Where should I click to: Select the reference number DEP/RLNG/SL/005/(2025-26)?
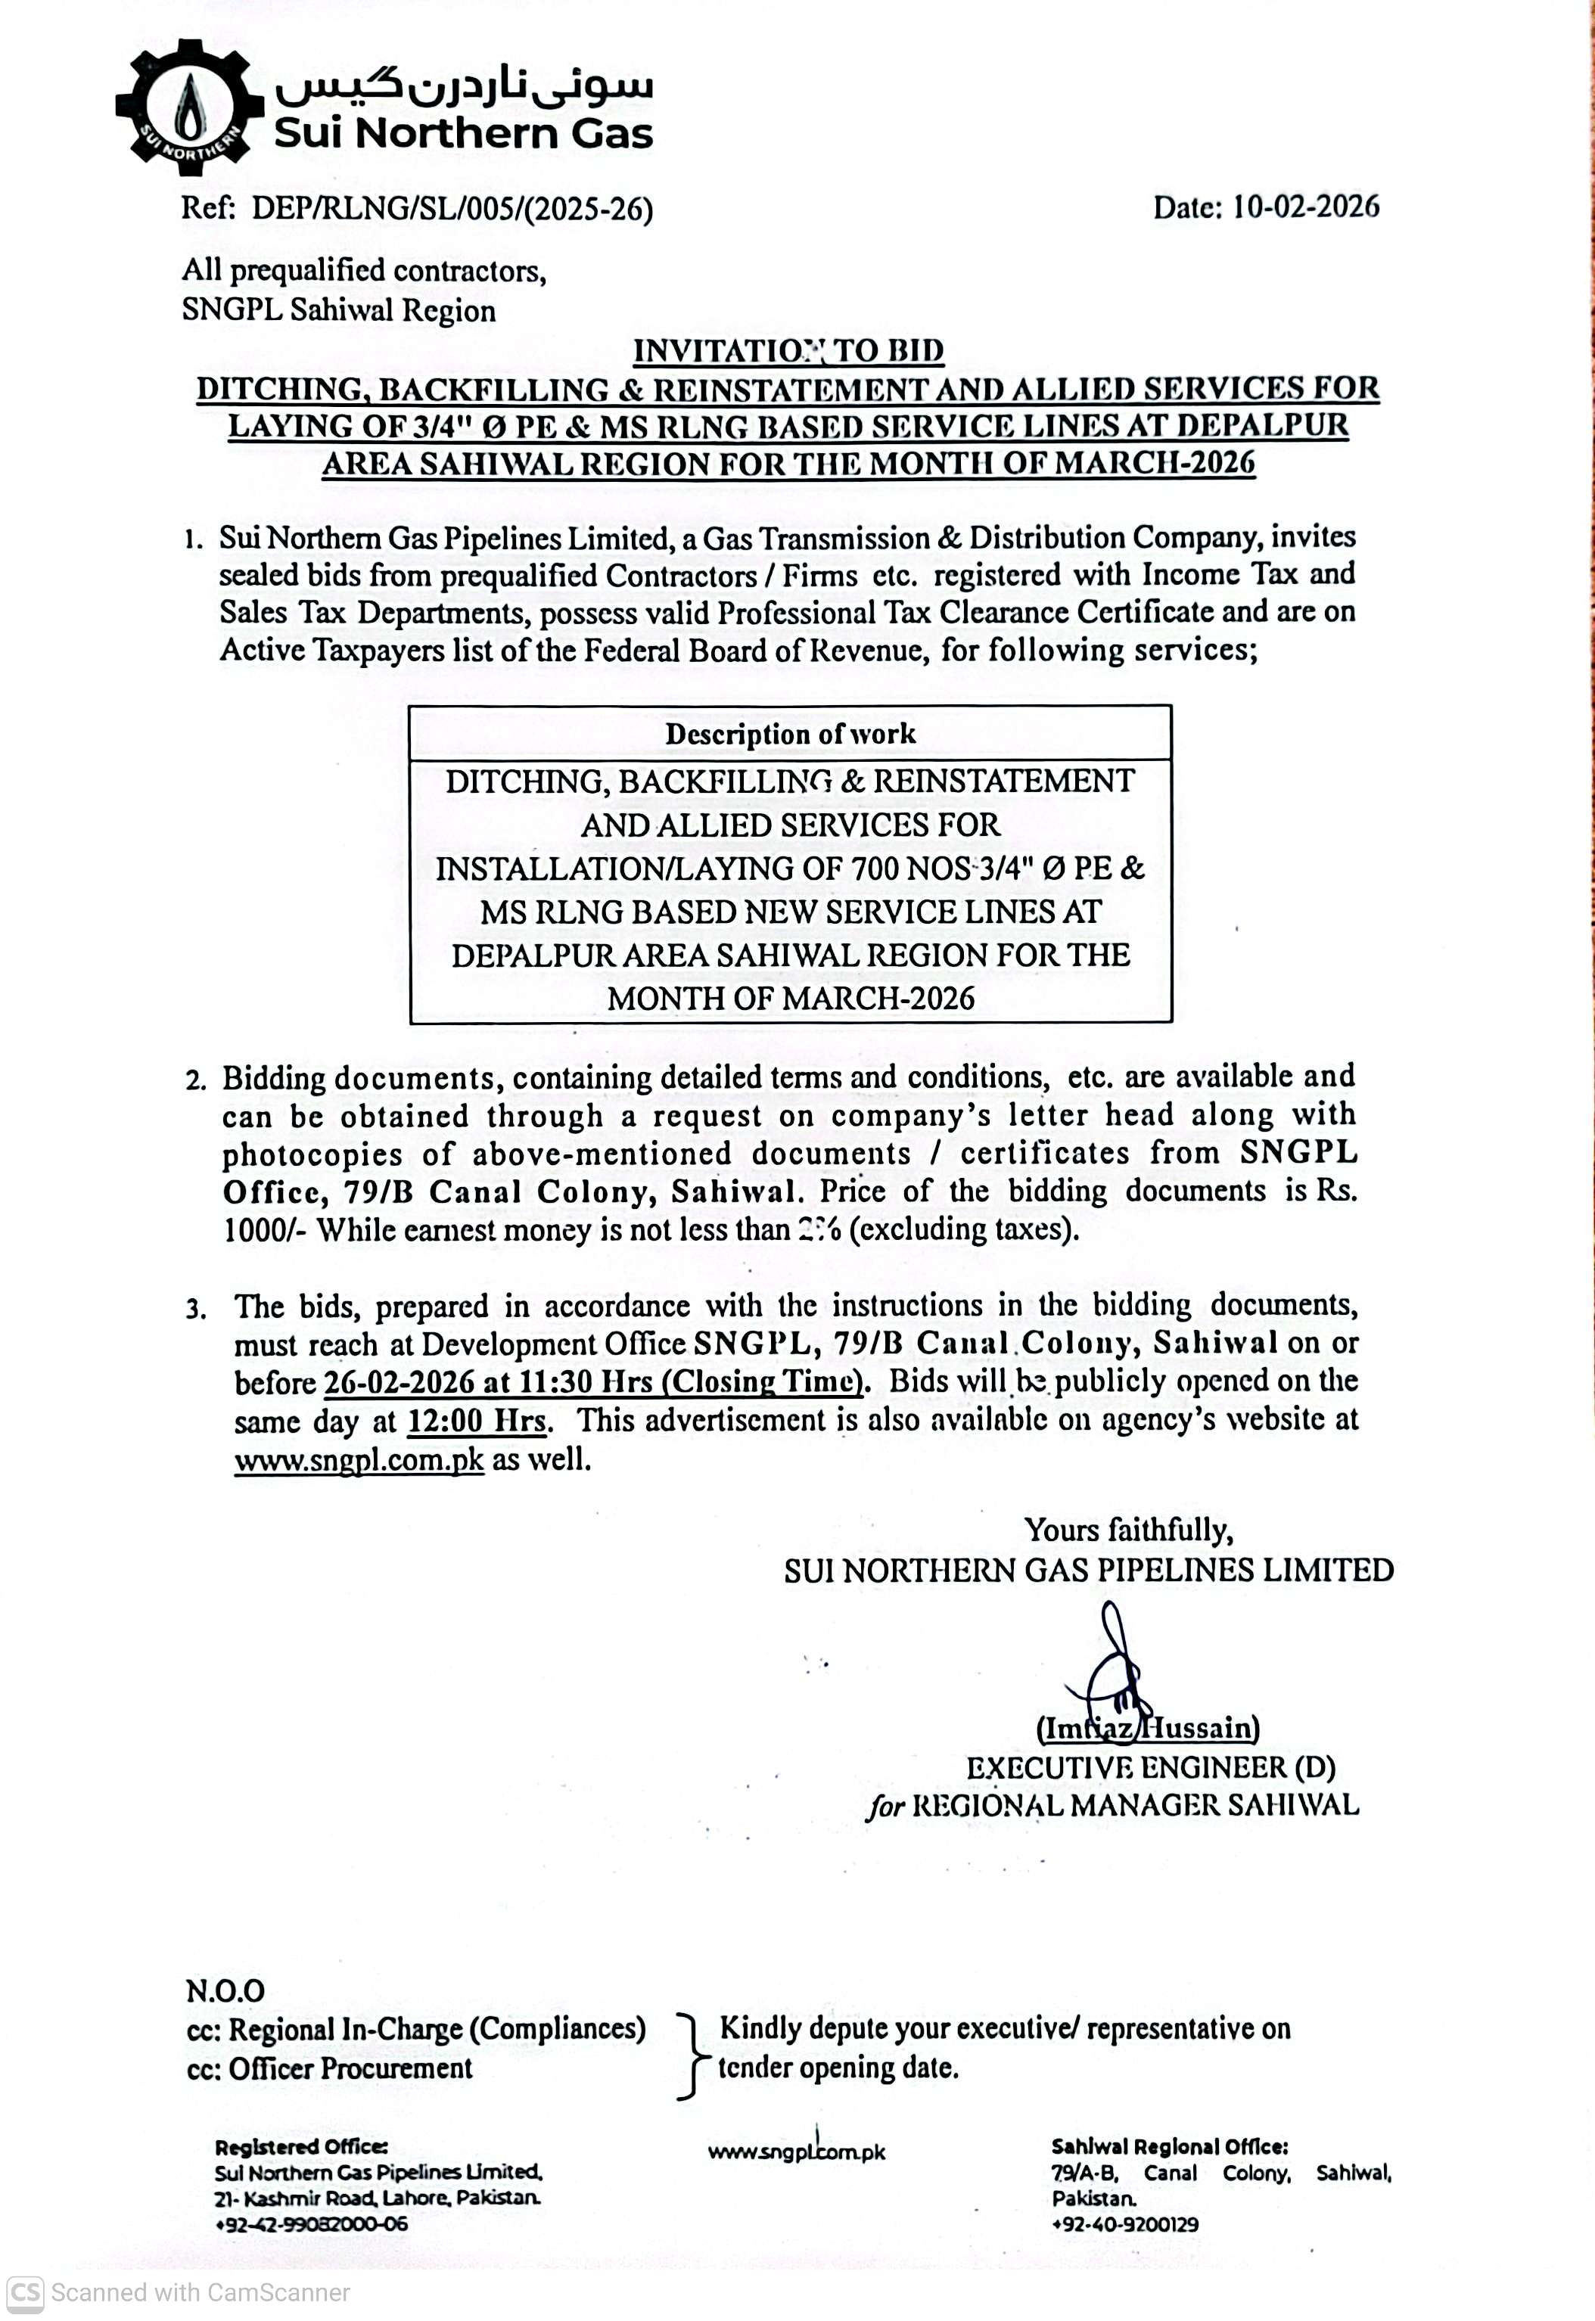pos(452,209)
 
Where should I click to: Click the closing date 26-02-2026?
pos(399,1382)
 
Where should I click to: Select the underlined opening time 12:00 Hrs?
pos(477,1421)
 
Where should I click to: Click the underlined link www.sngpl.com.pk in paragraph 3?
pos(359,1460)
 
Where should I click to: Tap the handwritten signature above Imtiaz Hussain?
pos(1112,1664)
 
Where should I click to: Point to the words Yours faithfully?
pos(1128,1530)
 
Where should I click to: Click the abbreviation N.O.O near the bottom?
pos(225,1991)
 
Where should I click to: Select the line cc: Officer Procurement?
pos(329,2068)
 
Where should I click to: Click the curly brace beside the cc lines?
pos(689,2049)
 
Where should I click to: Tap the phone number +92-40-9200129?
pos(1124,2225)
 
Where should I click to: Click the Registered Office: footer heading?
pos(301,2147)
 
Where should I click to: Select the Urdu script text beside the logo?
pos(464,85)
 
